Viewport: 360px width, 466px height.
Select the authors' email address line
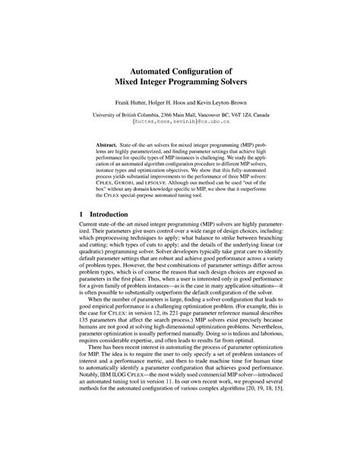click(x=180, y=123)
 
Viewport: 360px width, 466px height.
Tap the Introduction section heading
click(x=115, y=215)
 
